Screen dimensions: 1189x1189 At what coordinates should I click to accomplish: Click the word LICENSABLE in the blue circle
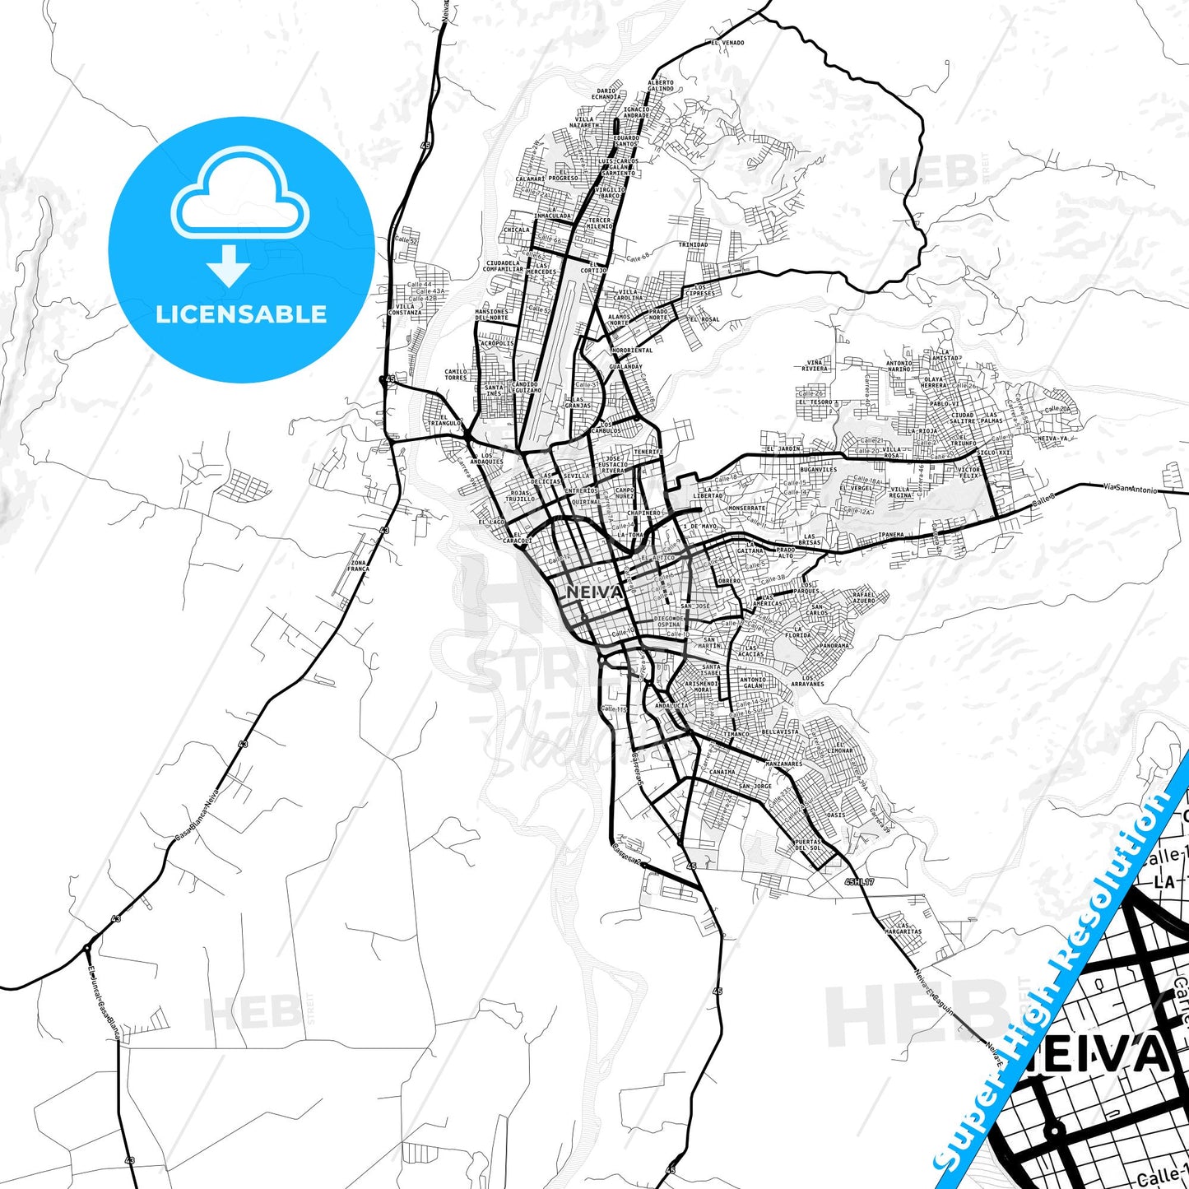(241, 314)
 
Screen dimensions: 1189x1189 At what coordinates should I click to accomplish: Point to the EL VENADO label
(727, 43)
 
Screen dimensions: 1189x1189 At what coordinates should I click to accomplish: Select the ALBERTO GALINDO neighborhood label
(660, 86)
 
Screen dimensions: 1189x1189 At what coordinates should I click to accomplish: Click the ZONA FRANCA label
(358, 565)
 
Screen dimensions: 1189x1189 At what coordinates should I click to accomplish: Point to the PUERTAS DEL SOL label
(807, 845)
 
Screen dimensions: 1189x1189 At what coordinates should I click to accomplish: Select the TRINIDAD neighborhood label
(693, 244)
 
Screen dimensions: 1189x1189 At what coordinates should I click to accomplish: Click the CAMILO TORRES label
(456, 374)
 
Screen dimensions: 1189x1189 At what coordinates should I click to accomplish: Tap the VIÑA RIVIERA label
(815, 365)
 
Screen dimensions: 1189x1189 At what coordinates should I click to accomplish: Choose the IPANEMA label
(891, 534)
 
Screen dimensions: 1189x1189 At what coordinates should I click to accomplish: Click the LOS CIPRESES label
(699, 290)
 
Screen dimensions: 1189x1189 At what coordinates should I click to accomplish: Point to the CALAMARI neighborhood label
(530, 179)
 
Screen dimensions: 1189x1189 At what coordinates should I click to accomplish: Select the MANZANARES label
(783, 764)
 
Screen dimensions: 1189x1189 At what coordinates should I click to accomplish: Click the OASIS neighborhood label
(835, 815)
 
